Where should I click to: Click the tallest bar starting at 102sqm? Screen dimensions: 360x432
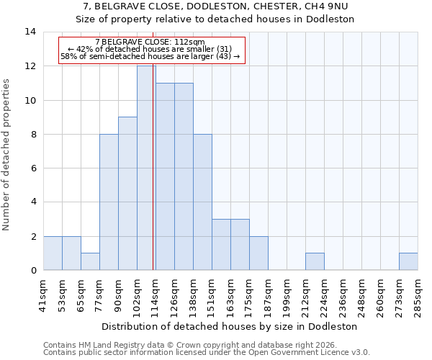(146, 168)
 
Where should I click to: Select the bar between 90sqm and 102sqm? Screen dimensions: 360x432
(127, 193)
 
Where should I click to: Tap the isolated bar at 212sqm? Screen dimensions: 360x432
(315, 261)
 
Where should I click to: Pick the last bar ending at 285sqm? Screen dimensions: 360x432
(408, 261)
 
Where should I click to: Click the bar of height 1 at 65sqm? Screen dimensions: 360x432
(90, 261)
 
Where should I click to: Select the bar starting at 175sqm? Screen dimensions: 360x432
(258, 253)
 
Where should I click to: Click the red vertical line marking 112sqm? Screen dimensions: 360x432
(153, 180)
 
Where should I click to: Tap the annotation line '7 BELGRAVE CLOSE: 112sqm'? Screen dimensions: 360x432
(150, 42)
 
